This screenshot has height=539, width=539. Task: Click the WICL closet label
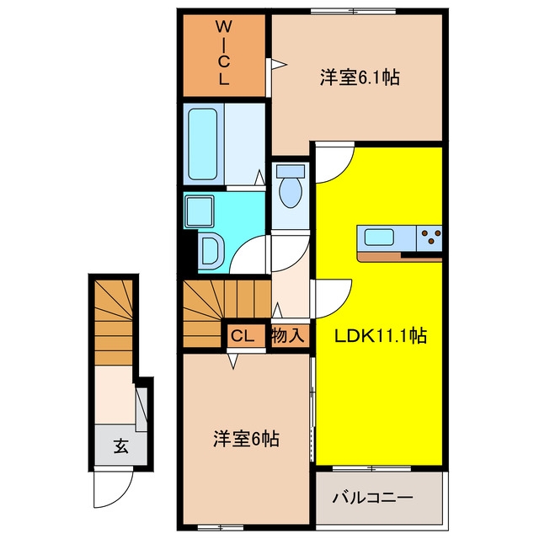click(224, 52)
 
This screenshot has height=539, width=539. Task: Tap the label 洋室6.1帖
click(360, 77)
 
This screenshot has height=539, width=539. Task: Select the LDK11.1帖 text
click(381, 336)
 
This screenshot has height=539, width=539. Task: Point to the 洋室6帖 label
click(246, 439)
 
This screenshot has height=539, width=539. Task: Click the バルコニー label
click(372, 498)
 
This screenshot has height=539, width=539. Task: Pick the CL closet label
click(243, 336)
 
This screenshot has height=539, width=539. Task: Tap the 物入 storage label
click(288, 335)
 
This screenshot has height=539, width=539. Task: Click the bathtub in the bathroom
click(202, 144)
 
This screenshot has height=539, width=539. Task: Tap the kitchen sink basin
click(379, 237)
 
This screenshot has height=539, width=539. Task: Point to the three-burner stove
click(430, 237)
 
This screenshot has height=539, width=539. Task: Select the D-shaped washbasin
click(211, 249)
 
